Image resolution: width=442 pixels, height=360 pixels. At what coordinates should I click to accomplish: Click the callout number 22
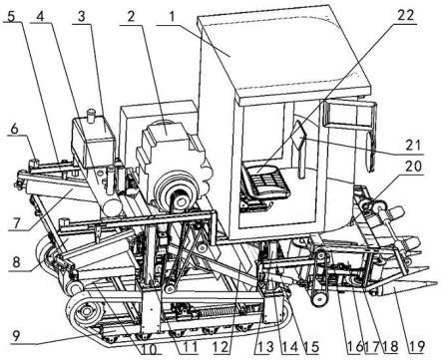point(404,16)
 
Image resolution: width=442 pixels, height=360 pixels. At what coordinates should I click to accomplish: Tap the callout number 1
point(172,17)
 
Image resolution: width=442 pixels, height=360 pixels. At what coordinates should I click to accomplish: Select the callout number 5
point(11,15)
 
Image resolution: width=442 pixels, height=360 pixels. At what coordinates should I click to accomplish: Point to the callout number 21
point(413,146)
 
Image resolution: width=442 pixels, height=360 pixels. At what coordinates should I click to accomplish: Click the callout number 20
point(413,166)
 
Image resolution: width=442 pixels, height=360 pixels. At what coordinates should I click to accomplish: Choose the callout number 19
point(415,346)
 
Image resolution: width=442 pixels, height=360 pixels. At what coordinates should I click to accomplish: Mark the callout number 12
point(221,347)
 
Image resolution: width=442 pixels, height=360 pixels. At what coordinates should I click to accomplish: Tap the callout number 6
point(14,130)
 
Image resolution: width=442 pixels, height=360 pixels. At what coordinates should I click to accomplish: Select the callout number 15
point(310,347)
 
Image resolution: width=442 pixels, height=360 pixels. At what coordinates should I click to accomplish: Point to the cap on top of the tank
point(91,116)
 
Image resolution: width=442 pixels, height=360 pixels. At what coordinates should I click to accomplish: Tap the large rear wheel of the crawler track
point(87,311)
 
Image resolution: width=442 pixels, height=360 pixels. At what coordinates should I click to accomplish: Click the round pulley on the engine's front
point(177,195)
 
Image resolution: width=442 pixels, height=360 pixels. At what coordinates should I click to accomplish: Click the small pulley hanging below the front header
point(319,299)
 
